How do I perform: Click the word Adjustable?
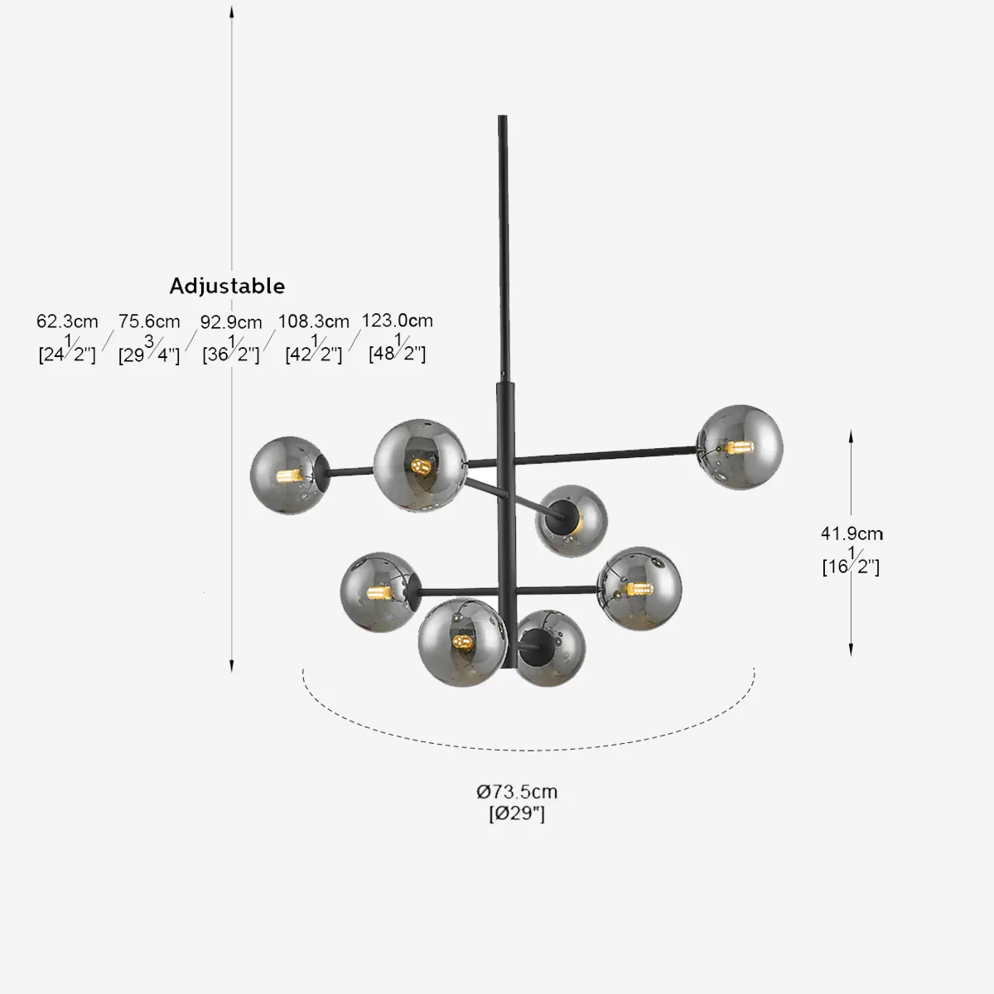pyautogui.click(x=227, y=286)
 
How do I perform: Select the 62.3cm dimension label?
pyautogui.click(x=67, y=321)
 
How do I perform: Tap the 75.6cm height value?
pyautogui.click(x=149, y=321)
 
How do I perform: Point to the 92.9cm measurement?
pyautogui.click(x=231, y=322)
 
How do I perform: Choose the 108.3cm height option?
pyautogui.click(x=313, y=321)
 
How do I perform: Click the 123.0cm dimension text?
pyautogui.click(x=397, y=321)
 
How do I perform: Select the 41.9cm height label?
pyautogui.click(x=852, y=534)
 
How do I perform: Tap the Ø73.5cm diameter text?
pyautogui.click(x=517, y=792)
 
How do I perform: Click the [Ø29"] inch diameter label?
pyautogui.click(x=517, y=813)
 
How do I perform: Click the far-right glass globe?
pyautogui.click(x=741, y=447)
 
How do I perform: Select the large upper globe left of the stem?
pyautogui.click(x=419, y=466)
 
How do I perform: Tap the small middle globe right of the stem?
pyautogui.click(x=571, y=520)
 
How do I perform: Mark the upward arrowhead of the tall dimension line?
pyautogui.click(x=232, y=10)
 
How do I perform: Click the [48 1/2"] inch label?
pyautogui.click(x=397, y=354)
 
